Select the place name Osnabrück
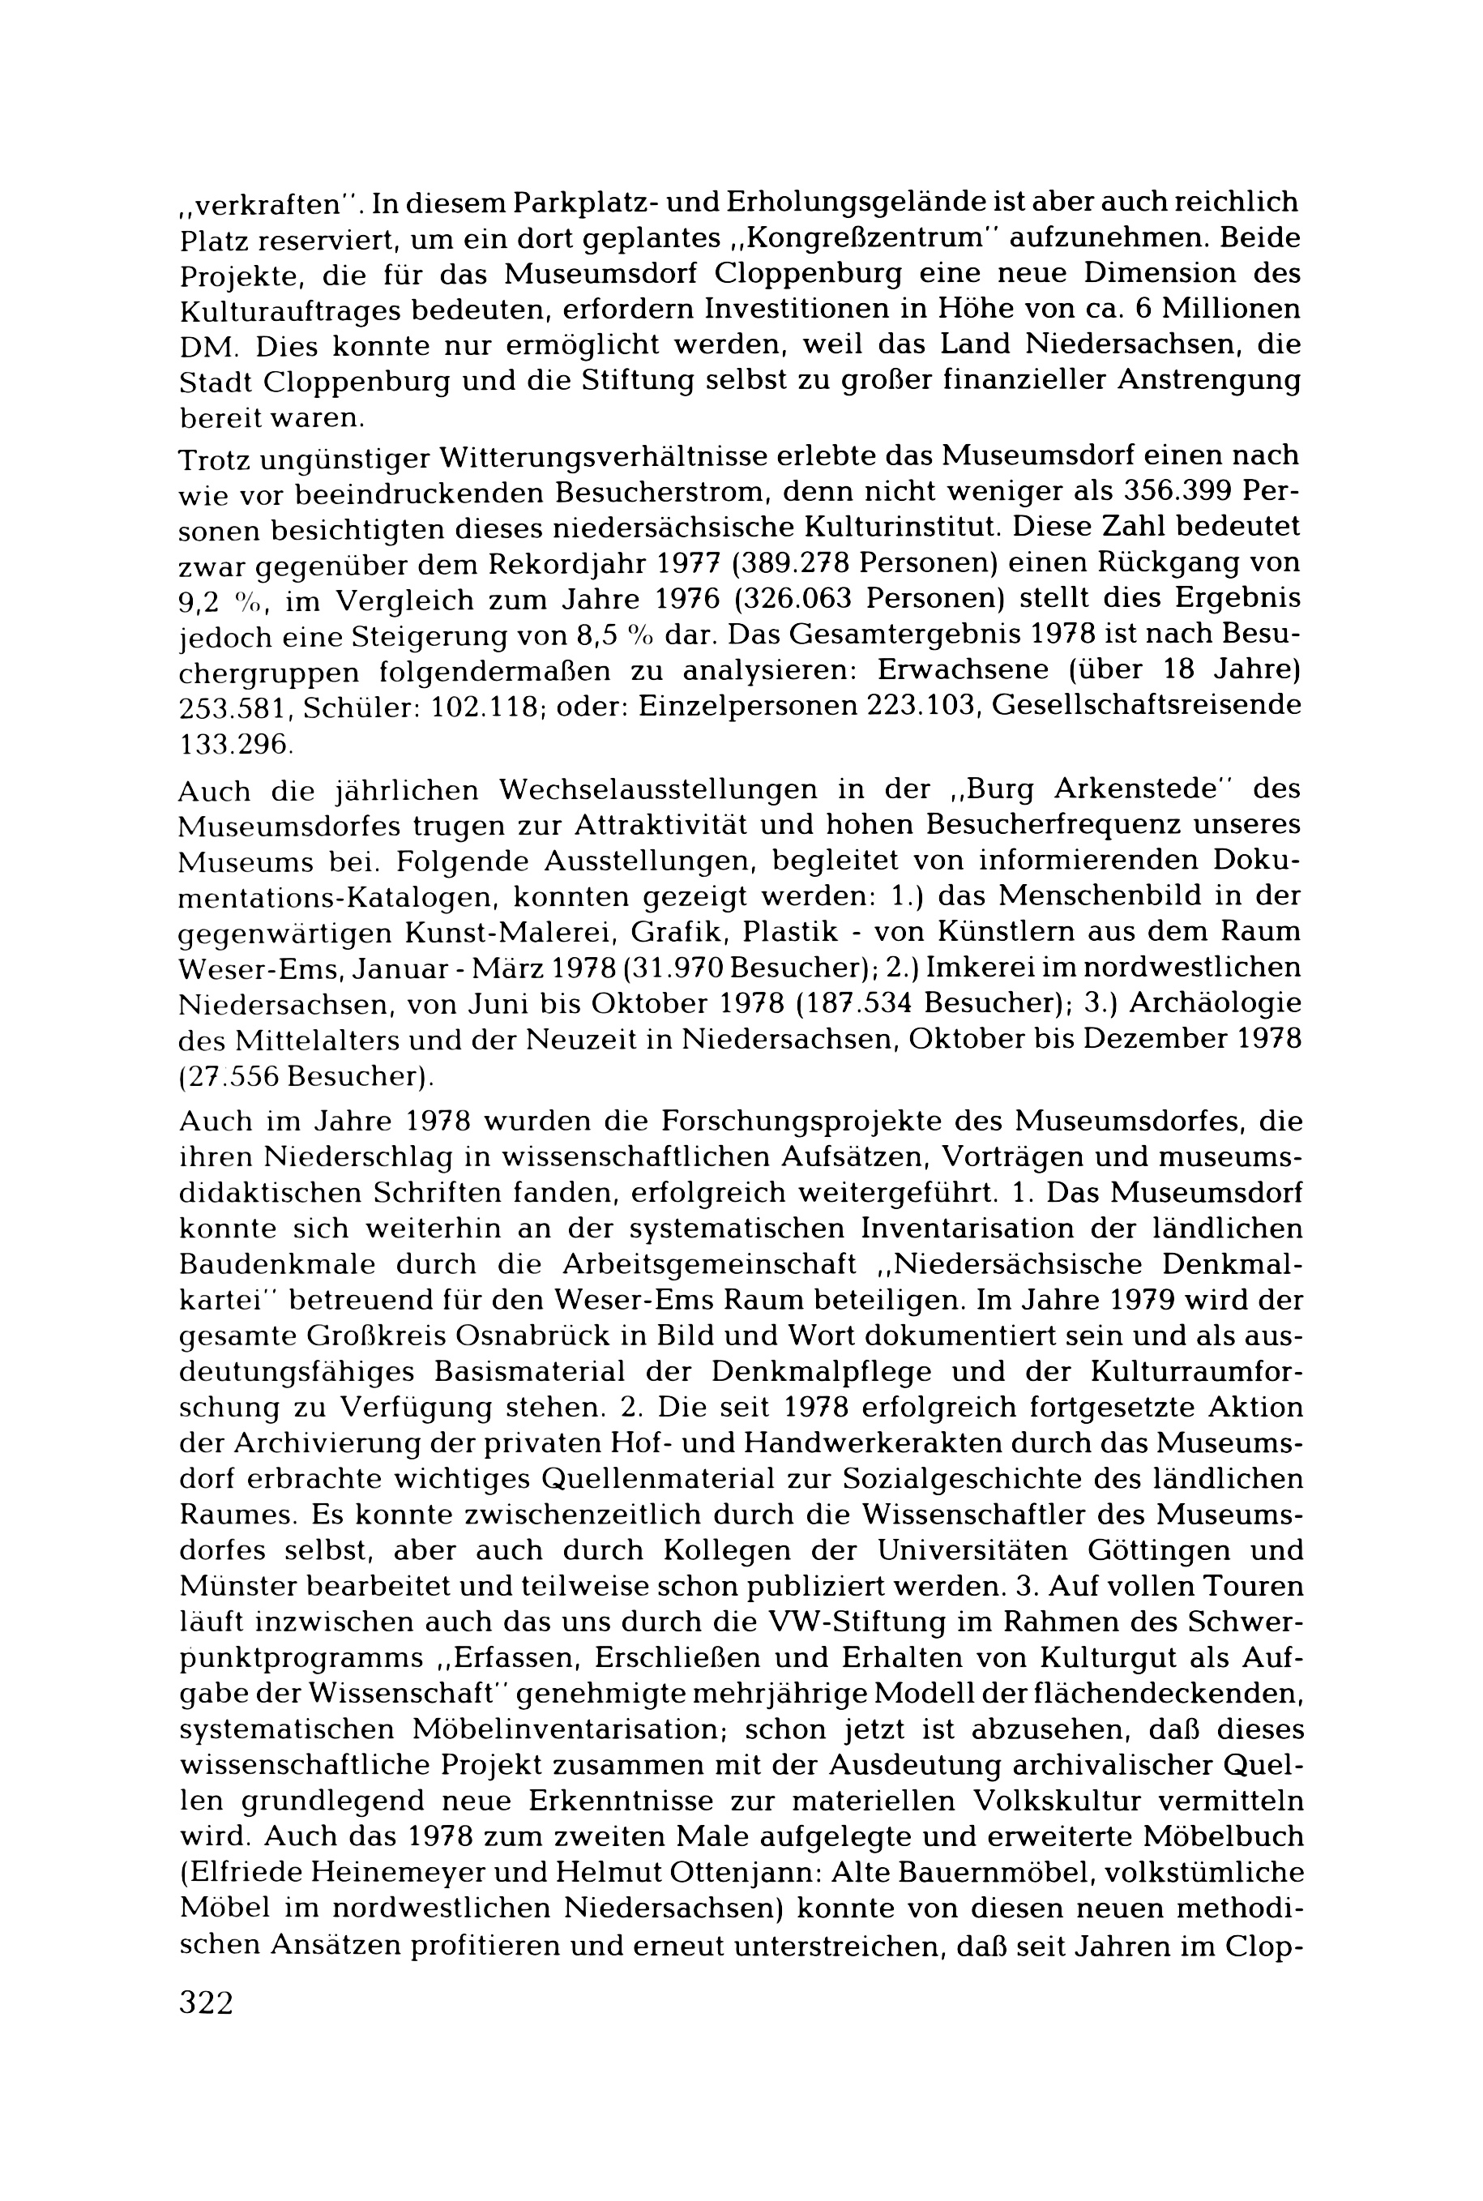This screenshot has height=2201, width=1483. tap(498, 1336)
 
